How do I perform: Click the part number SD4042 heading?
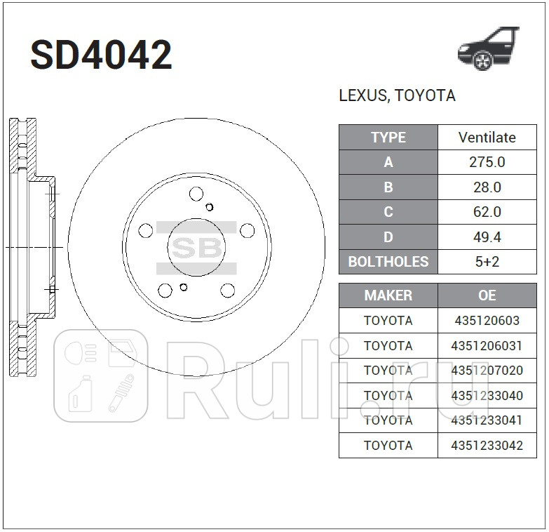101,55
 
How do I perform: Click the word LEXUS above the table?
362,95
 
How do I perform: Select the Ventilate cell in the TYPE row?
487,138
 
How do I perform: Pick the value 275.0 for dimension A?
487,162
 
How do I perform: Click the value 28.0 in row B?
487,187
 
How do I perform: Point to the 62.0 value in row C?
487,212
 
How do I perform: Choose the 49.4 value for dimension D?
487,237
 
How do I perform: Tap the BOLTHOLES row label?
388,262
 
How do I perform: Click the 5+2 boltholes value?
487,262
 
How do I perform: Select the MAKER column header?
388,295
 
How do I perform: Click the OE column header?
487,295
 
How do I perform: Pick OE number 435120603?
487,321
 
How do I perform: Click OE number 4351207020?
487,371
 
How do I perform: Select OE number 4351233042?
487,445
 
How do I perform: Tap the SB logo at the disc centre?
196,248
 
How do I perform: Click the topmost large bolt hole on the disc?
196,194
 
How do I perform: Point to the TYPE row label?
388,138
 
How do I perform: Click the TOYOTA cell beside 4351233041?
388,420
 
